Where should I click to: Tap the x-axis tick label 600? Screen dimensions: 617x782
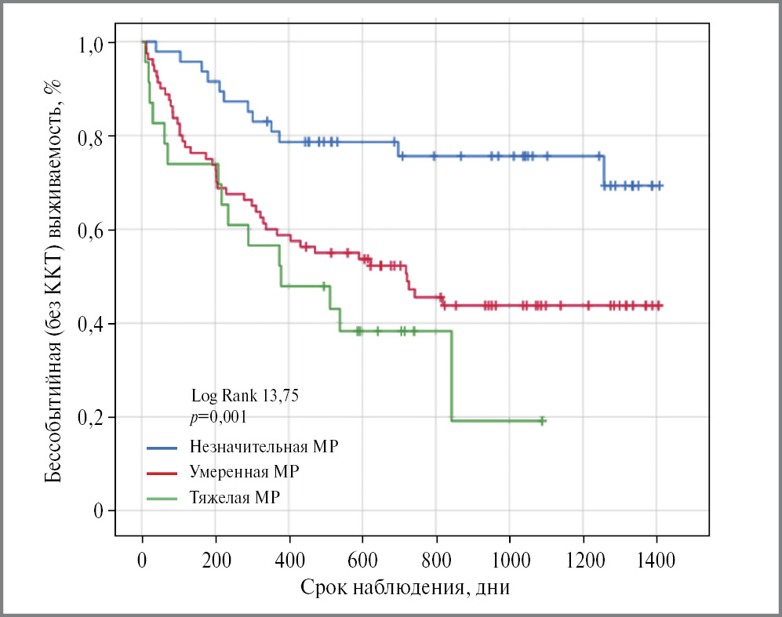point(363,561)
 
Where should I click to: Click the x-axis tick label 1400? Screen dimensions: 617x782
point(657,561)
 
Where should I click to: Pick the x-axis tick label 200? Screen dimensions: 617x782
point(216,561)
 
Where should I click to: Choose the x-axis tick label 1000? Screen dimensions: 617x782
point(510,561)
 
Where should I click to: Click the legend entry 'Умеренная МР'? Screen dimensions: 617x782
point(244,472)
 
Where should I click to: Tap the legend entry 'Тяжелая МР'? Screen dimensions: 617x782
point(235,497)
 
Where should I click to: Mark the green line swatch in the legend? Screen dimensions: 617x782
point(163,498)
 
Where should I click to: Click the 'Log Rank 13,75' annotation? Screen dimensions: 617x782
point(245,397)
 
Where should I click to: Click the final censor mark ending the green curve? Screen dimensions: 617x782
point(541,421)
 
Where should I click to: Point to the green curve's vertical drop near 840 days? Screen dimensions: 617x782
point(452,376)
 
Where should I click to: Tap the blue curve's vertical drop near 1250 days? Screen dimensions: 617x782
point(603,171)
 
